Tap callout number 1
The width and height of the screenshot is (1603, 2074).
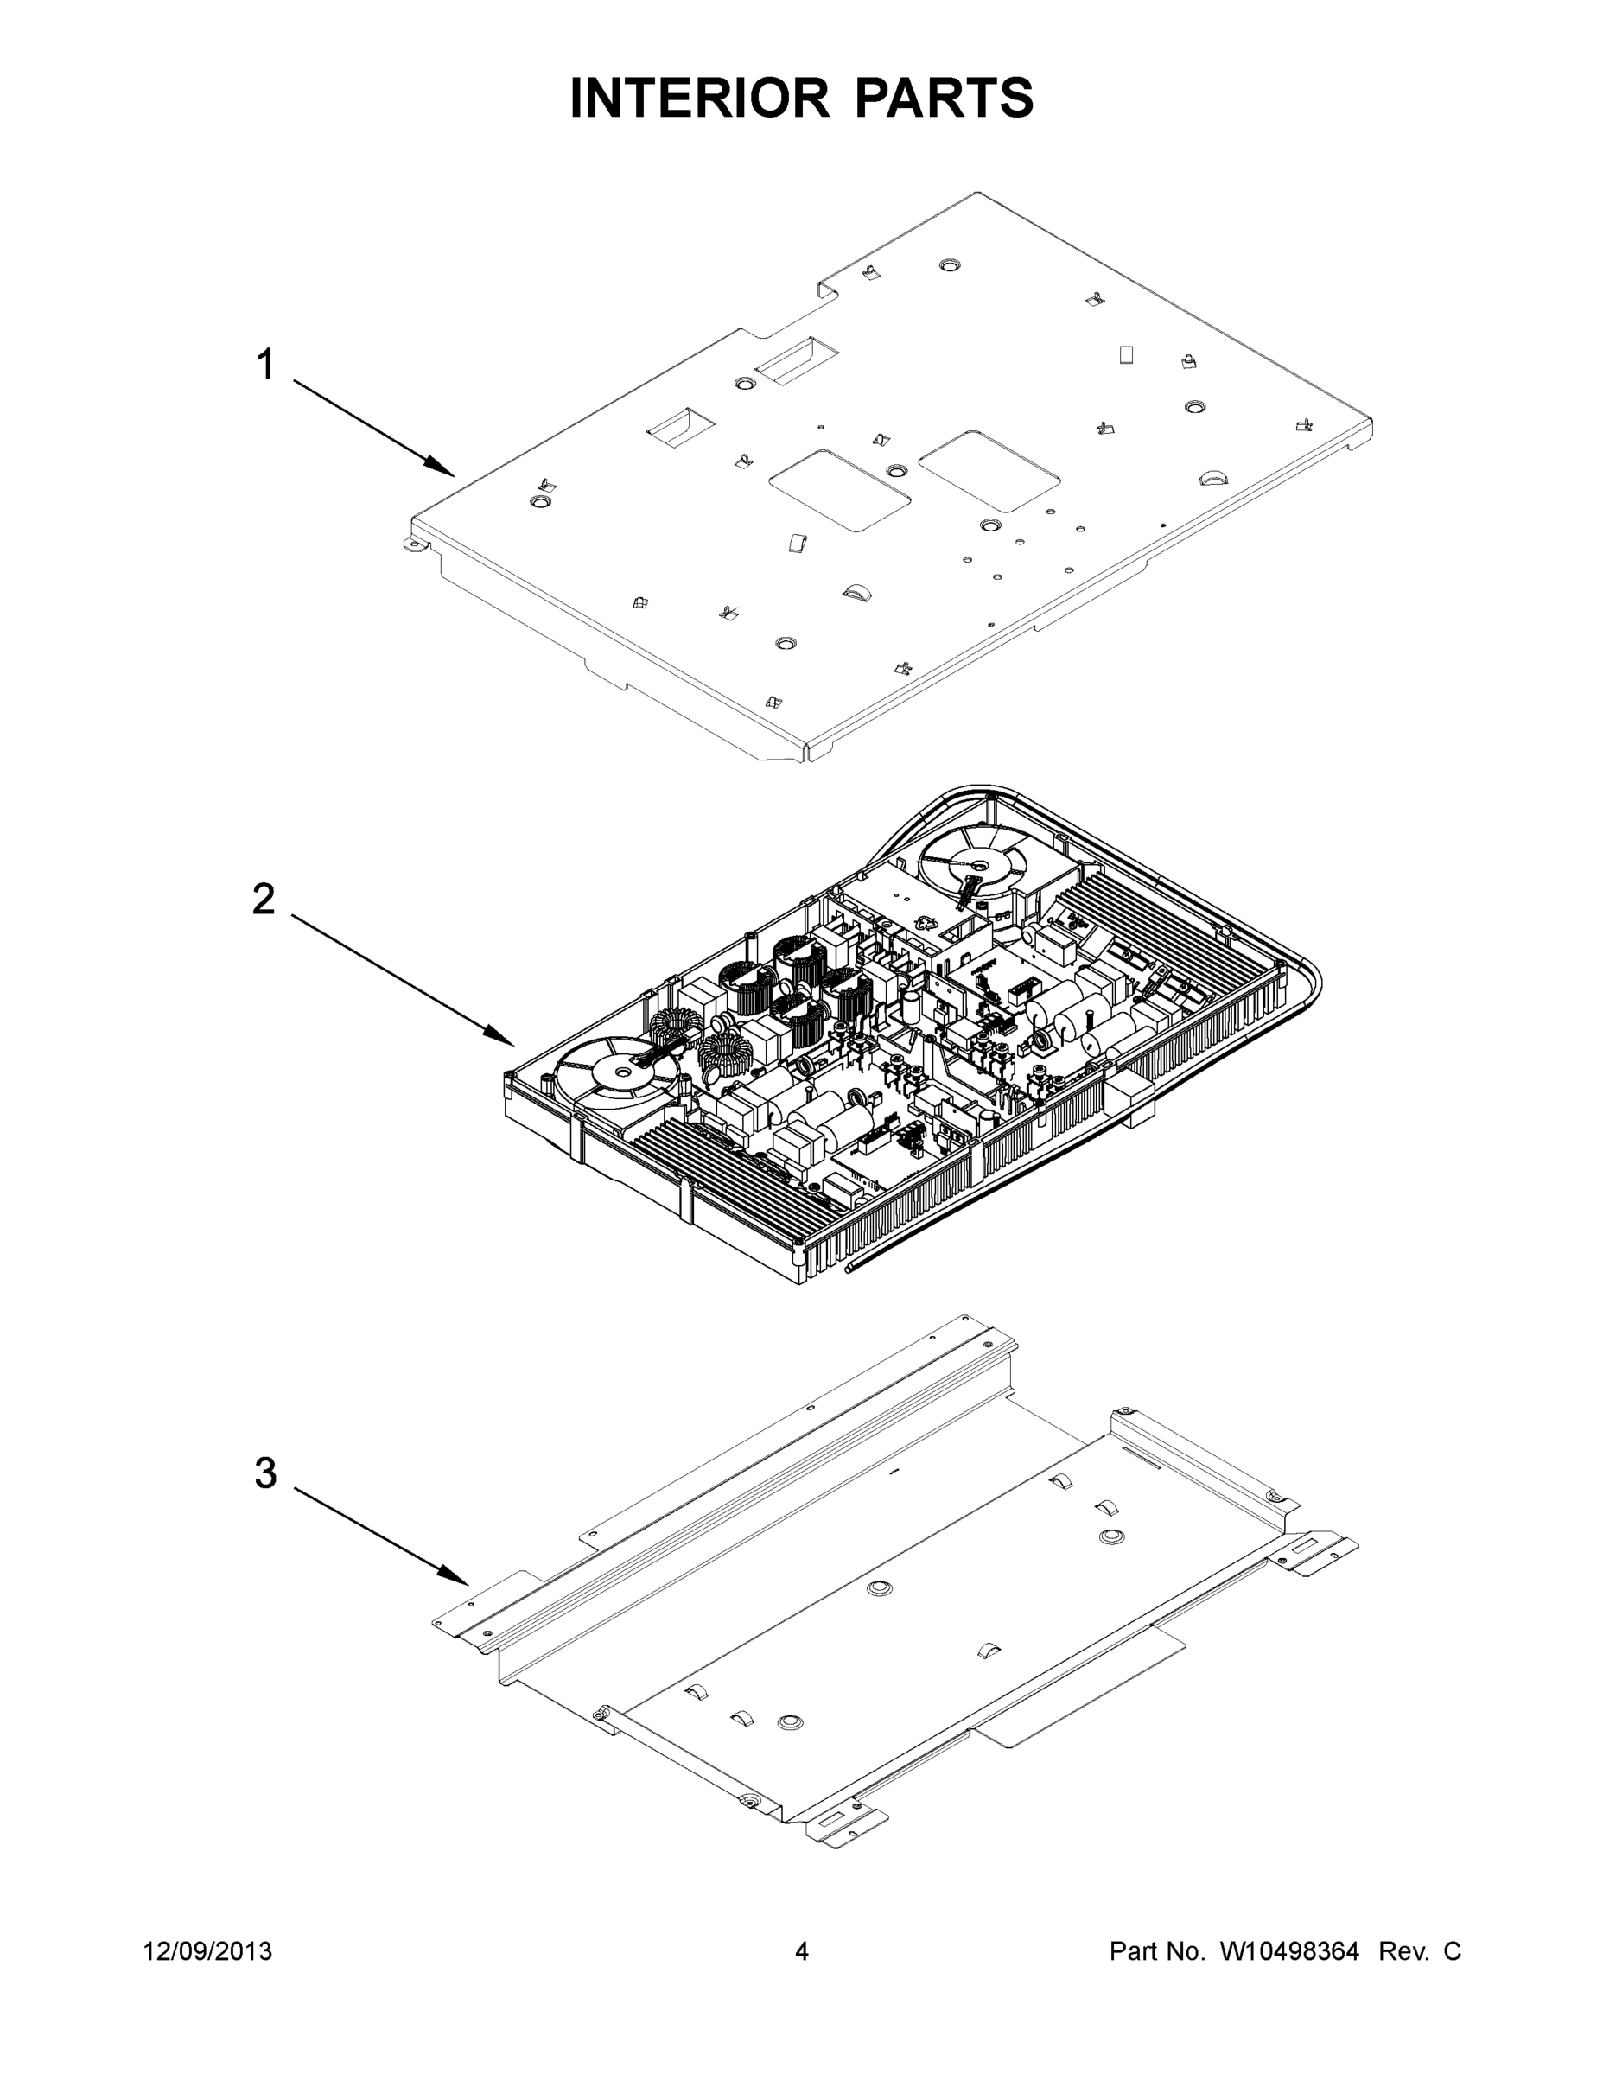[x=267, y=365]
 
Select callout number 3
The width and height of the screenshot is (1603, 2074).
[x=265, y=1472]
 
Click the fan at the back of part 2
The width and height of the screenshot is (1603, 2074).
[x=972, y=863]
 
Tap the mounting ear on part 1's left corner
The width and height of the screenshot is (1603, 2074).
[x=413, y=544]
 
